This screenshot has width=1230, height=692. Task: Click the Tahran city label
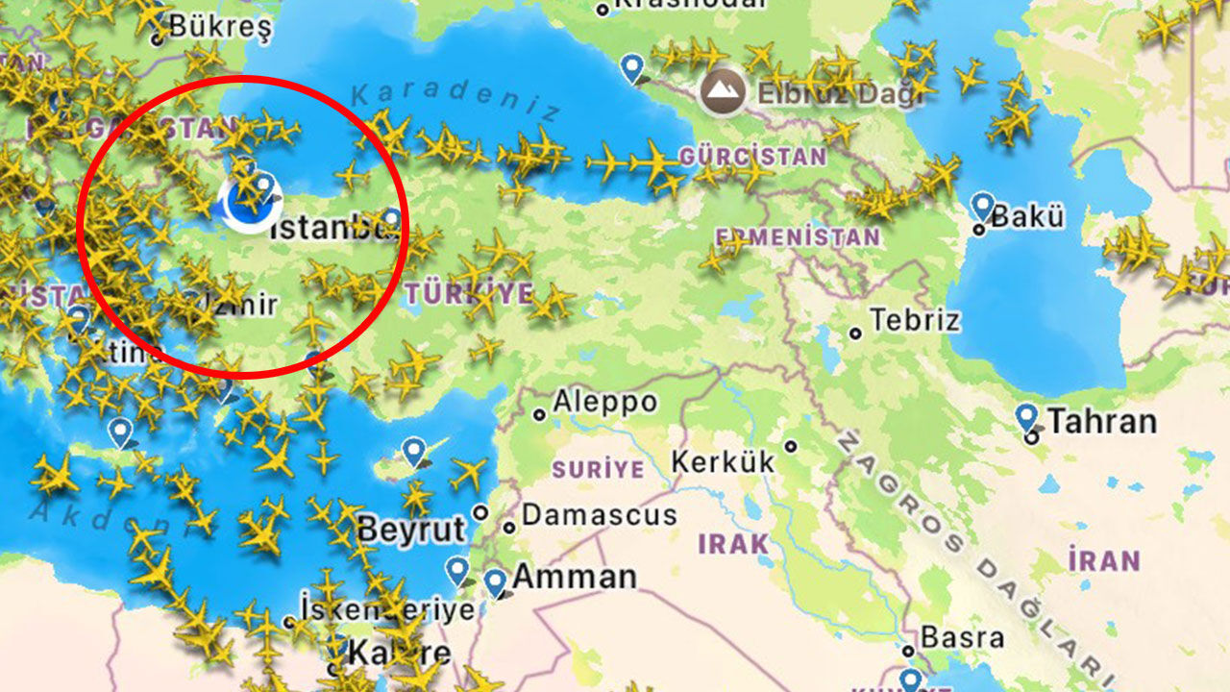(x=1101, y=421)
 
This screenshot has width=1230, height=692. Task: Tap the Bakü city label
(x=1027, y=216)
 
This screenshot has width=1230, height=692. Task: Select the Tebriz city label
(x=914, y=320)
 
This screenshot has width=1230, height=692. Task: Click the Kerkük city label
(x=723, y=461)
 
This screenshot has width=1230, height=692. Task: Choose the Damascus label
(x=599, y=515)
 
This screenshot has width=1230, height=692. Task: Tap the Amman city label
(x=574, y=577)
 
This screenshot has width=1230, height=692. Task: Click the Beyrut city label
(x=411, y=530)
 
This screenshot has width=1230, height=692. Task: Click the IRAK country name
(x=733, y=544)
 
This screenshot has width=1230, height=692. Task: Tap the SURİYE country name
(x=598, y=470)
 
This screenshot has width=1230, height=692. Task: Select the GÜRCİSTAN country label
(x=752, y=156)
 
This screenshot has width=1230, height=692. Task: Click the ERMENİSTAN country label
(x=798, y=236)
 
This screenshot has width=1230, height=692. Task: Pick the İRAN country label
(x=1105, y=560)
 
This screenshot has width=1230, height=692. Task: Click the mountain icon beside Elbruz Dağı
(x=723, y=92)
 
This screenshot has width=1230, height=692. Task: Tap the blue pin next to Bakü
(x=982, y=206)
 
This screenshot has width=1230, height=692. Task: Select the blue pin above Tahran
(x=1027, y=417)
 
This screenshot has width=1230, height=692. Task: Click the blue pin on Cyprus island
(x=414, y=450)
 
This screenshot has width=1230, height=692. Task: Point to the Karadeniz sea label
(x=455, y=101)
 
